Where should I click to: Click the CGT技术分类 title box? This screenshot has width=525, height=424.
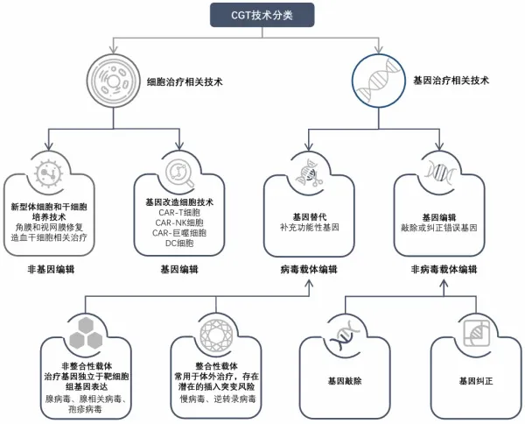(262, 15)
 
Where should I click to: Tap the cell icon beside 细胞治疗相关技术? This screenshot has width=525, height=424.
(112, 81)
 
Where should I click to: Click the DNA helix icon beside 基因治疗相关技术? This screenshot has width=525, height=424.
(379, 81)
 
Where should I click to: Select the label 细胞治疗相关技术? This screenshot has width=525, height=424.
(185, 81)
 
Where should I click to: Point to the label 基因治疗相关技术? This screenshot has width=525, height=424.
(451, 81)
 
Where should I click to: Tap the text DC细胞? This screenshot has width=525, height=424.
(180, 244)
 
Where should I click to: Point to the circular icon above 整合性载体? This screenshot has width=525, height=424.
(216, 331)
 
